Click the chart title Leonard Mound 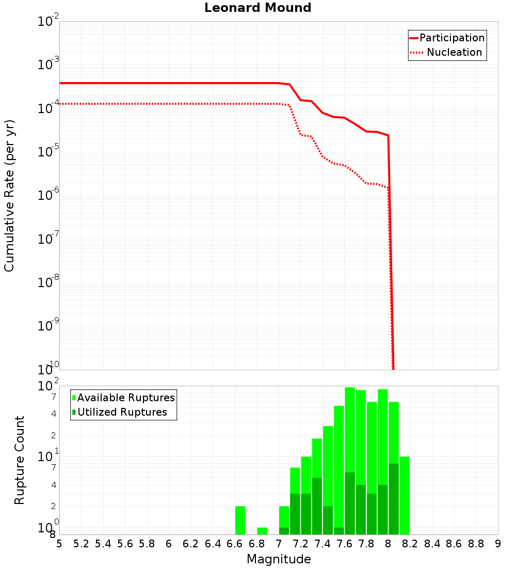258,8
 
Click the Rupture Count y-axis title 20,460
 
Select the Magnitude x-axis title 279,559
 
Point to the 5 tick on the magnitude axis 59,544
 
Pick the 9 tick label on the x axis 498,544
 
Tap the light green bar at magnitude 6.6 240,520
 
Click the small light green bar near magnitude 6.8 262,531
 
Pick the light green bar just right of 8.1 405,495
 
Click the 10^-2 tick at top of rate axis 48,22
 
